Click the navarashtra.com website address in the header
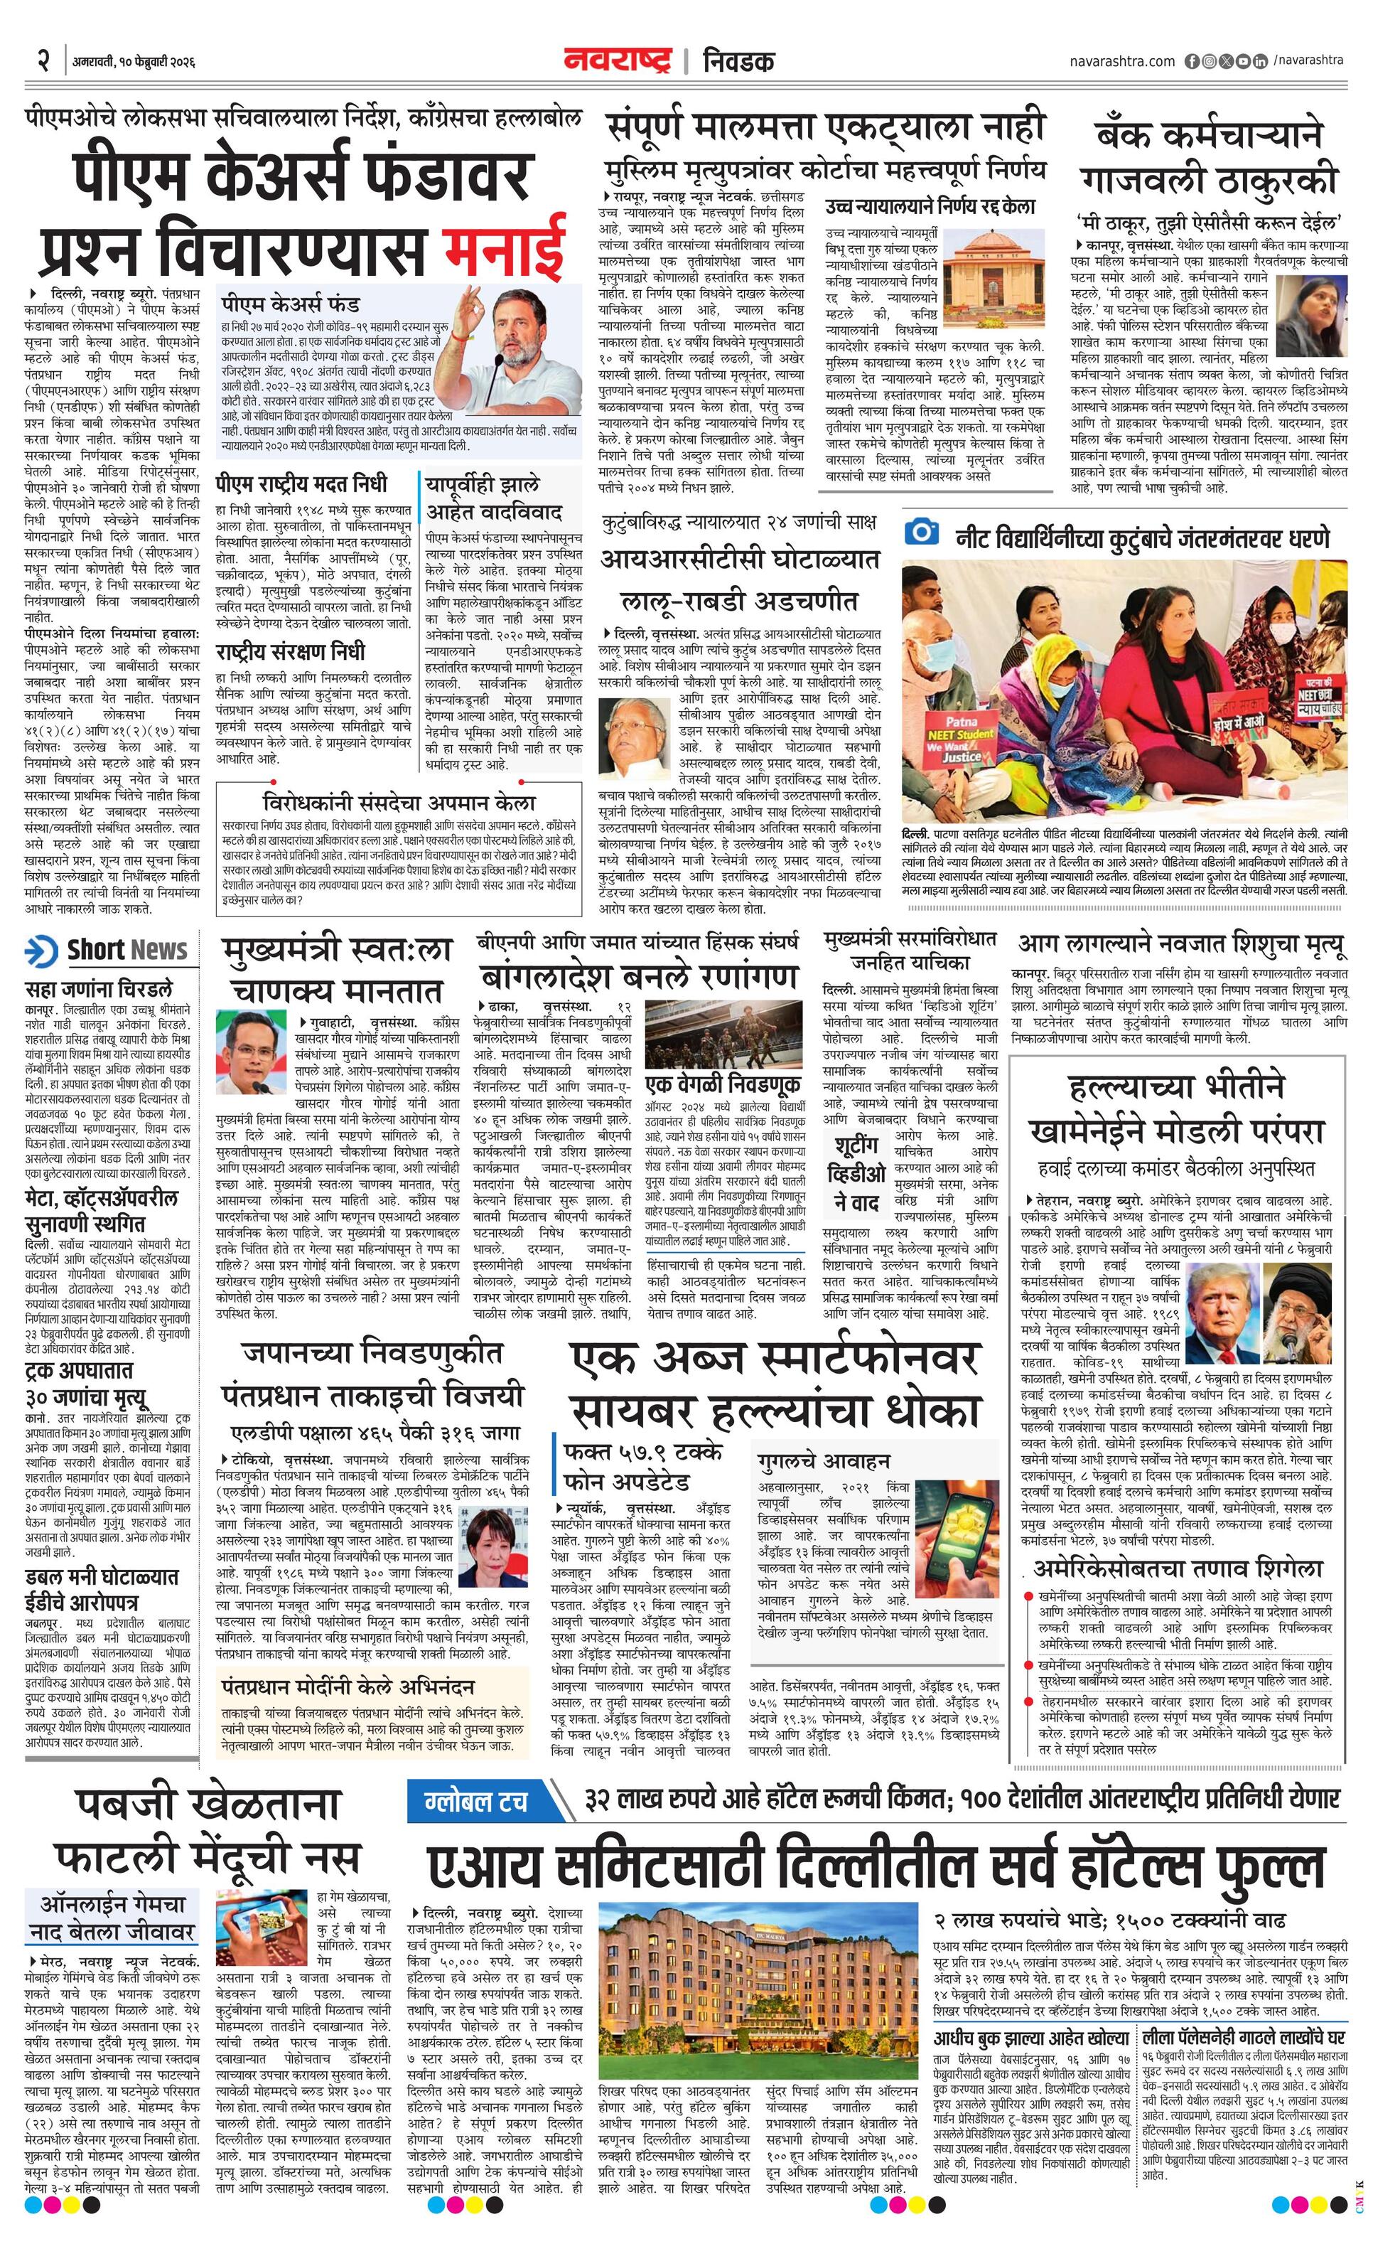pyautogui.click(x=1121, y=61)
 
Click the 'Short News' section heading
pyautogui.click(x=126, y=951)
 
